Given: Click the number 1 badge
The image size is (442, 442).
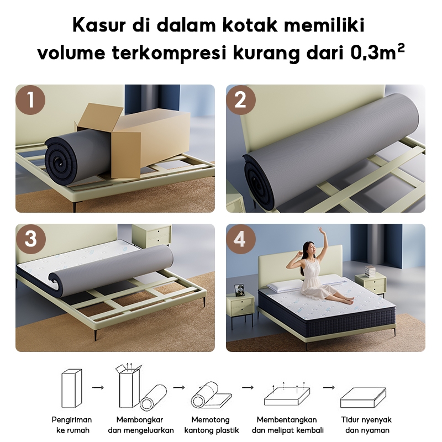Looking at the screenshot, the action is pos(31,100).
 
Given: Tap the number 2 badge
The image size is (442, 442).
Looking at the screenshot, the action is pos(241,100).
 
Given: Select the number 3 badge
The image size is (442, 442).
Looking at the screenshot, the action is pos(31,239).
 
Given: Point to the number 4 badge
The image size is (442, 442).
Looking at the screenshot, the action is pos(241,239).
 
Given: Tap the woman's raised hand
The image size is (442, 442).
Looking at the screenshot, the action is pos(320,230).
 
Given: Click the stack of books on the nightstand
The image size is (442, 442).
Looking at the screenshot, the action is pos(370,271).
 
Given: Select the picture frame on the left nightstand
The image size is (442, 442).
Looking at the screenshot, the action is pos(239,290).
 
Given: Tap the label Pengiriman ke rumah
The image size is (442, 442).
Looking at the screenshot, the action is pos(72,425).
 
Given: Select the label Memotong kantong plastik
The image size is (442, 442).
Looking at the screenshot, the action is pos(212,425).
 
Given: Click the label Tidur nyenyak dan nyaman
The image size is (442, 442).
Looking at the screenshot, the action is pos(366,425).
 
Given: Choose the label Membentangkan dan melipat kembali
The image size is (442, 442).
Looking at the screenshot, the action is pos(287,425).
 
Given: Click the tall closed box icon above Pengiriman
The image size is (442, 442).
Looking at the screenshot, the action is pos(72,388).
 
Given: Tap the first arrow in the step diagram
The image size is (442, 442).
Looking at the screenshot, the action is pos(98,387).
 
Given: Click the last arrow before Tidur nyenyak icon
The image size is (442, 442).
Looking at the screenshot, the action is pos(329,387).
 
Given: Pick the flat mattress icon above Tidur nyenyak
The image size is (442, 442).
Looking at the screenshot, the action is pos(363,397).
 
